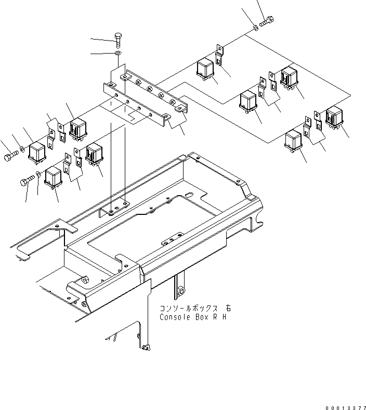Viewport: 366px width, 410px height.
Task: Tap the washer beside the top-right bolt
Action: pyautogui.click(x=255, y=25)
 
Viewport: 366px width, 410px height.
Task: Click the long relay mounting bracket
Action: pyautogui.click(x=148, y=96)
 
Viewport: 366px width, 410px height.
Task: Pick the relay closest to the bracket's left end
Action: pyautogui.click(x=78, y=130)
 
